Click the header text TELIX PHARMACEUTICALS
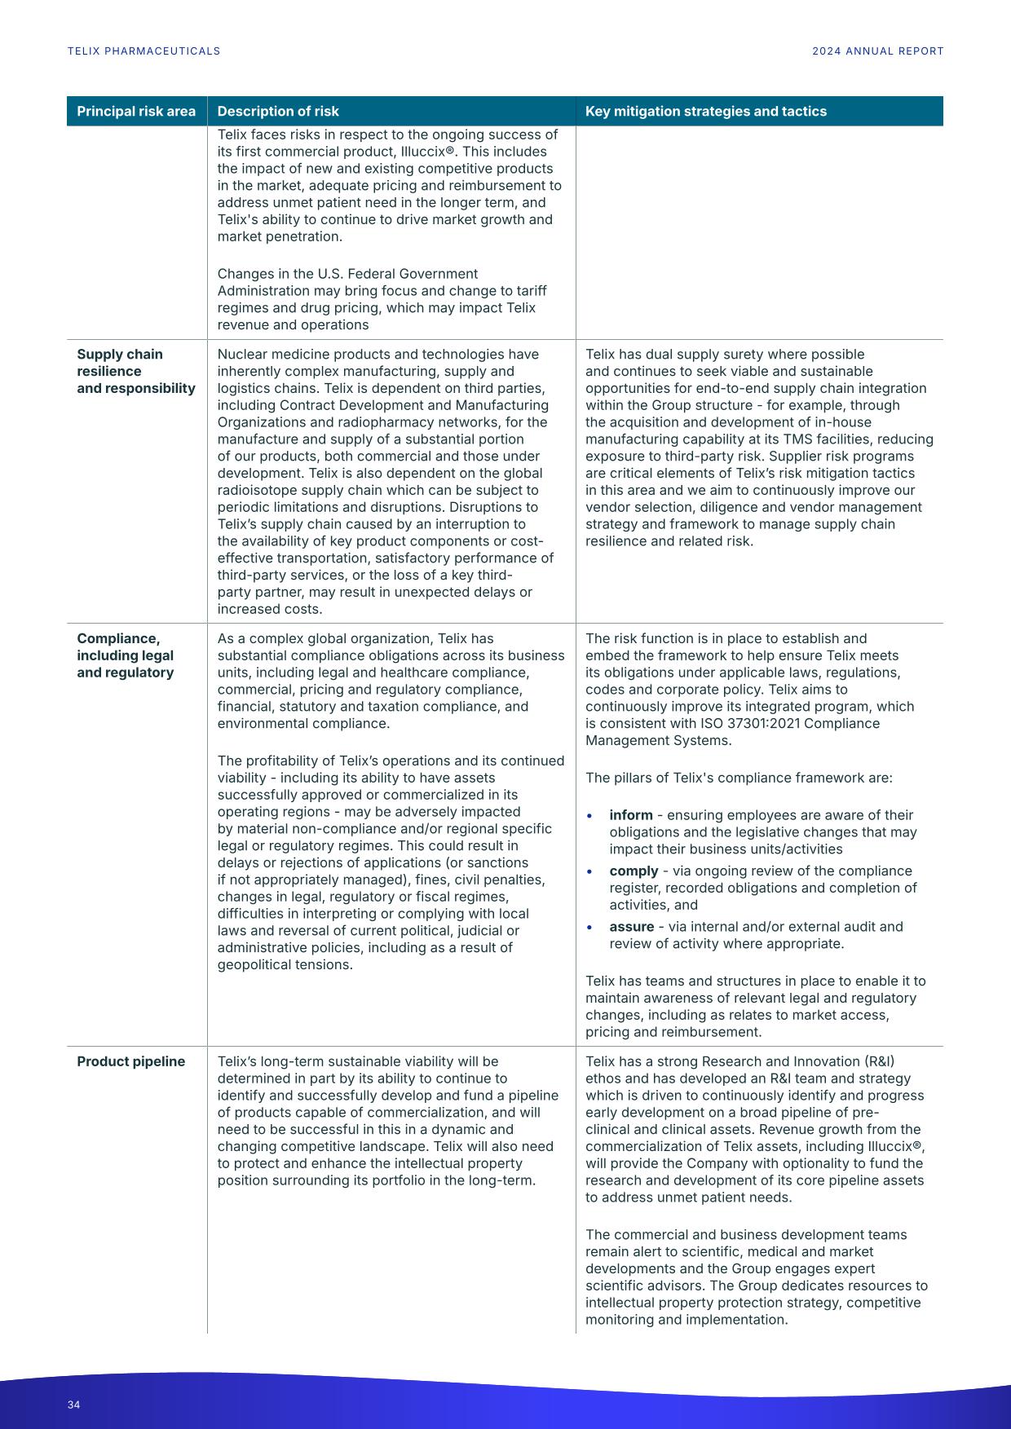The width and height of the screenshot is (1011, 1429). (143, 51)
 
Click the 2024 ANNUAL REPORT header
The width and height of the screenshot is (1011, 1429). (877, 51)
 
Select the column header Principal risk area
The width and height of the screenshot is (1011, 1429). (136, 112)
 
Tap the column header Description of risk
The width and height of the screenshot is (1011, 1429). (278, 112)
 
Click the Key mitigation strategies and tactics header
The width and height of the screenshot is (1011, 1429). (705, 112)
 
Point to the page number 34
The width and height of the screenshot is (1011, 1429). (74, 1405)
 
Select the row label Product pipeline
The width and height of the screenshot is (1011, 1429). (130, 1061)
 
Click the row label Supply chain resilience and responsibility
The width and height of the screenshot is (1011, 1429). (135, 371)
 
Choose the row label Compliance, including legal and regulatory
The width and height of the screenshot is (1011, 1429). (125, 655)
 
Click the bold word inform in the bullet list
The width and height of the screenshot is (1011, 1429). (630, 815)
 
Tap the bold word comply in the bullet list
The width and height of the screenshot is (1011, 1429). (633, 871)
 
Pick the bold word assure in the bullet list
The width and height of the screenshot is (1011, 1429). (631, 927)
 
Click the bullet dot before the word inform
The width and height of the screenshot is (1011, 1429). (589, 815)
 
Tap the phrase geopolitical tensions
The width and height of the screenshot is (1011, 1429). (285, 965)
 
